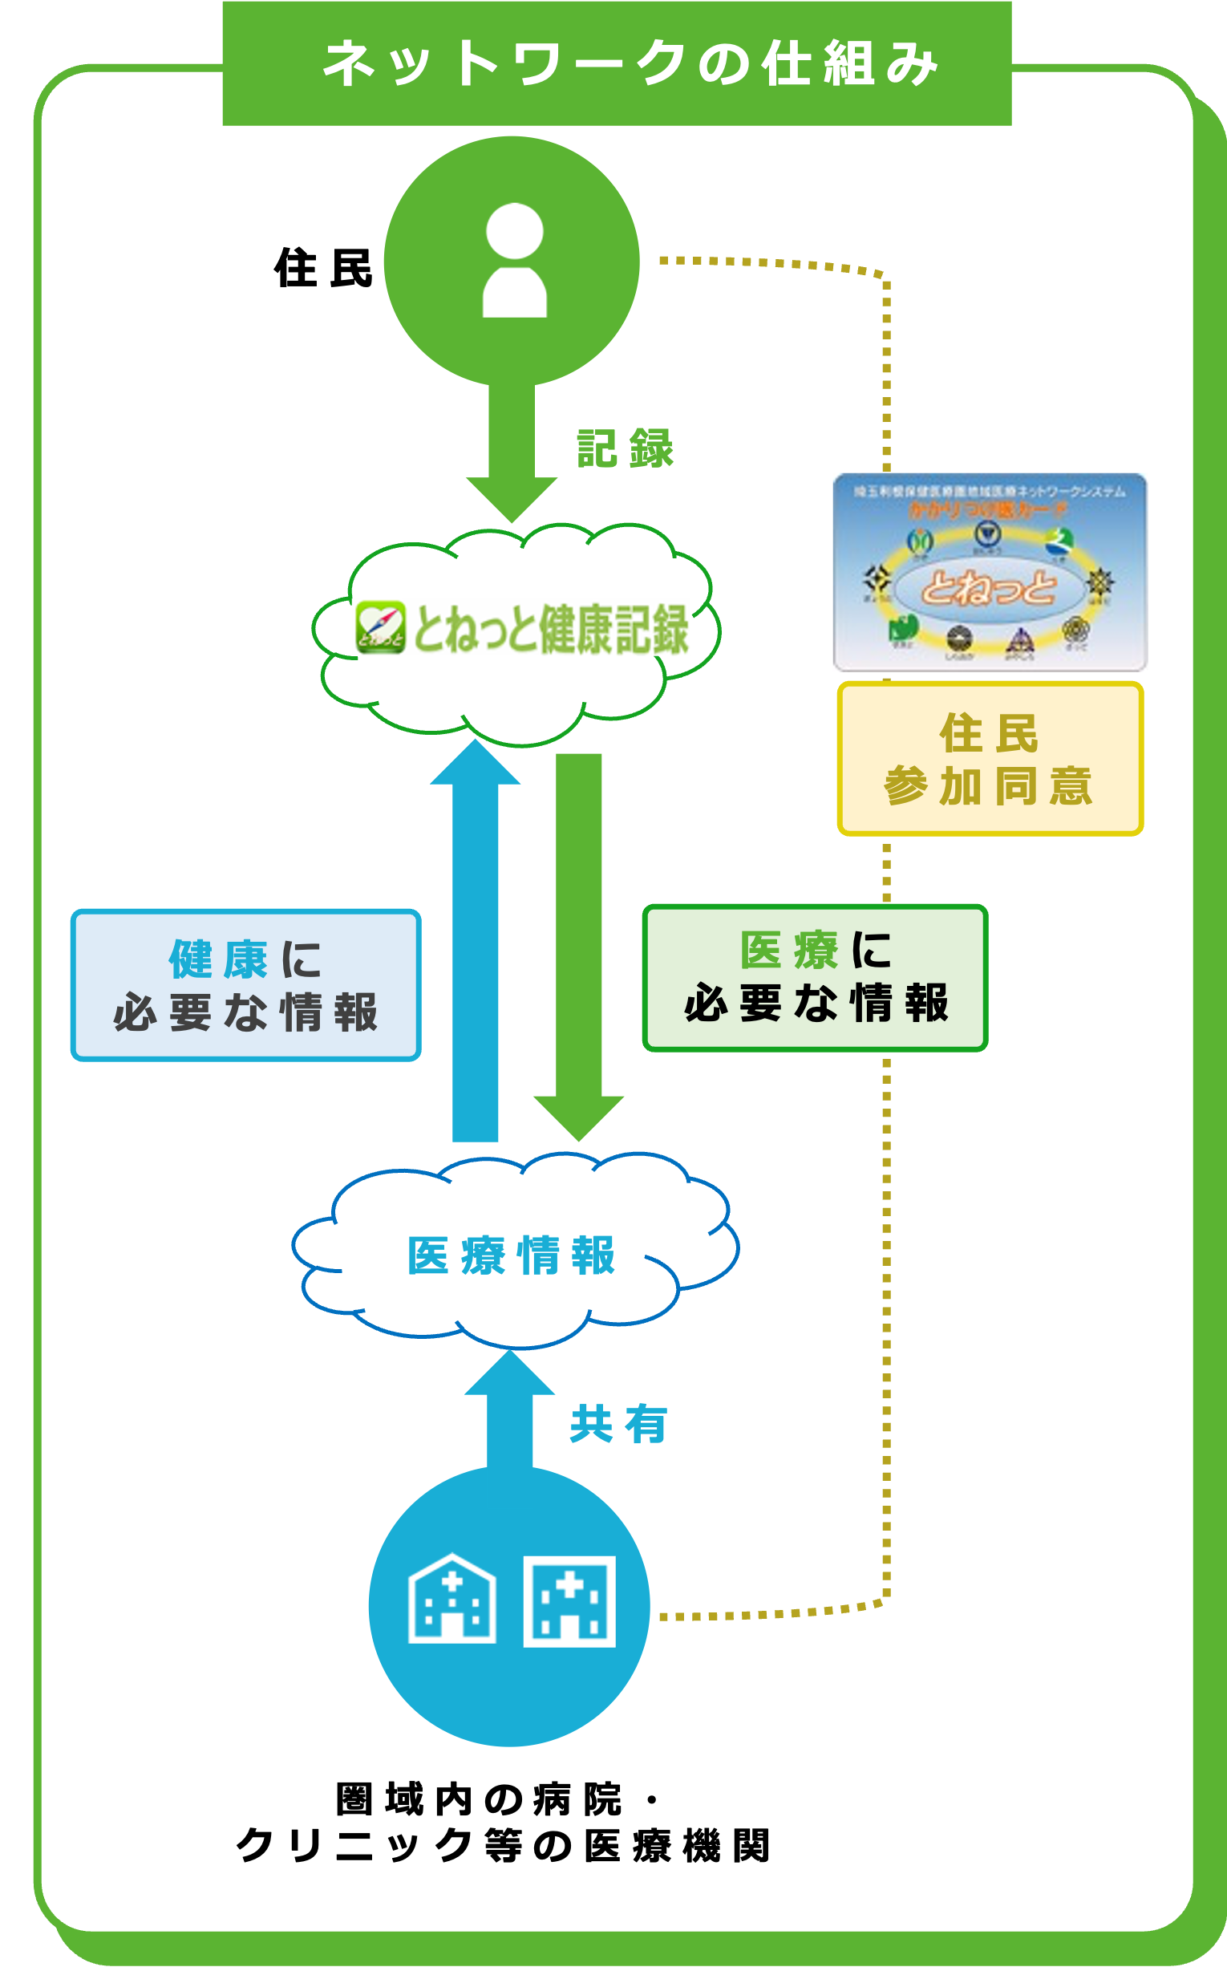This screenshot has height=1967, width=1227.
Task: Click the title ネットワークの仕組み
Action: click(630, 63)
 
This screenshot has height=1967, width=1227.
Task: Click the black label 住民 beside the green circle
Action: click(323, 268)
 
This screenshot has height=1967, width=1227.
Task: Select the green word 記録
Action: click(625, 449)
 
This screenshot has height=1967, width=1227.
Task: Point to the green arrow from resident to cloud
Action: click(512, 451)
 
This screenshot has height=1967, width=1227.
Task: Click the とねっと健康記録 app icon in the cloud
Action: click(380, 627)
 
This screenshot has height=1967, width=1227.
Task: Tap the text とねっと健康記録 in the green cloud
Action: click(551, 629)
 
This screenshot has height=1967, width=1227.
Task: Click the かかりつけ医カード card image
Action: click(990, 572)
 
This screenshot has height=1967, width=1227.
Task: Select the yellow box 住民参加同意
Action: click(990, 760)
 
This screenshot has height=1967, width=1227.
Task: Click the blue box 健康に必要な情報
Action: click(246, 986)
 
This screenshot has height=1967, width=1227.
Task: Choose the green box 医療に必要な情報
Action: click(815, 978)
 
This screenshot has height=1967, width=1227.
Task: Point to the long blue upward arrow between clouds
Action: click(475, 942)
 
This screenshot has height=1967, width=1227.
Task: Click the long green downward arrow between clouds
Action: click(578, 942)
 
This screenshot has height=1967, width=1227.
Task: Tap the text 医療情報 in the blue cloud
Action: click(512, 1256)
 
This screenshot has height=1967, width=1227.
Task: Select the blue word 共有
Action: click(618, 1425)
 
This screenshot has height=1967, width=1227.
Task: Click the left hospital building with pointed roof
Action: click(452, 1600)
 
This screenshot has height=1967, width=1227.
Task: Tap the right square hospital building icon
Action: click(569, 1602)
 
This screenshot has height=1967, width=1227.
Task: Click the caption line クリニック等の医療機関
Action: click(503, 1845)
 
